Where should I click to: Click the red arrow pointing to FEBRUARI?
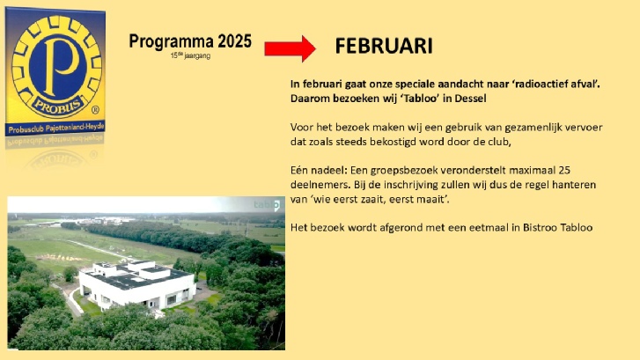[290, 48]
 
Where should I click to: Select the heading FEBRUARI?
[384, 46]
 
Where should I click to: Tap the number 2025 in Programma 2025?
[234, 41]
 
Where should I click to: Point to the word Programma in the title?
[171, 41]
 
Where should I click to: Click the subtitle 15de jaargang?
[191, 55]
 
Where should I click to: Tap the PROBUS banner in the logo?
[59, 107]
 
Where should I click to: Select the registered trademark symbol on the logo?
[95, 110]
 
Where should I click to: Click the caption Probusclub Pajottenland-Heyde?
[56, 129]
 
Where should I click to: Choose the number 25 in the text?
[564, 170]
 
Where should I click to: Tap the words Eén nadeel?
[319, 170]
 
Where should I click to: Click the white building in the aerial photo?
[136, 284]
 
